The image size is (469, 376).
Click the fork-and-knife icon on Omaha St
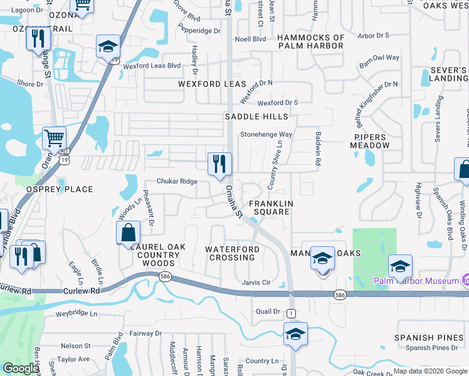click(x=219, y=165)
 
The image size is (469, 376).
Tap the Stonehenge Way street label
click(x=266, y=135)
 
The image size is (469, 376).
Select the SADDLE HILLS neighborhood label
click(x=257, y=117)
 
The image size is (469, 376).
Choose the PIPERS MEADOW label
click(x=372, y=140)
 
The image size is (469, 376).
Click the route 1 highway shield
click(x=290, y=313)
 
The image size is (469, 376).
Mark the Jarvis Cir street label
click(x=256, y=283)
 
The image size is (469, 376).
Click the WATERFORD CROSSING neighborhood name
click(x=233, y=253)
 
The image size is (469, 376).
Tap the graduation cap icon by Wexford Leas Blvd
click(x=108, y=47)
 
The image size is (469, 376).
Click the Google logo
click(x=21, y=369)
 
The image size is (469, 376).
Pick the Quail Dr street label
click(x=267, y=311)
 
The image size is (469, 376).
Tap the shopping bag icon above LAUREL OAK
click(x=128, y=233)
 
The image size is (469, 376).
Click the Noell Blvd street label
click(x=250, y=39)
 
